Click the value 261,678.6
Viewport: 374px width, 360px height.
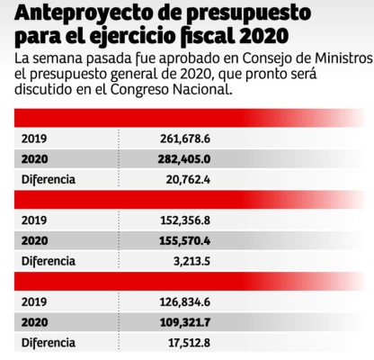184,139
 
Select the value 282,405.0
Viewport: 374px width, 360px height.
184,158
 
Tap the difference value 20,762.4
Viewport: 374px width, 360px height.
186,179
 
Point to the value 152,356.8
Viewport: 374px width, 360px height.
184,220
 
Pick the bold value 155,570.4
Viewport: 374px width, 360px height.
184,240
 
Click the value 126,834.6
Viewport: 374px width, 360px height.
184,301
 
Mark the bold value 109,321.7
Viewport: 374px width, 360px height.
184,322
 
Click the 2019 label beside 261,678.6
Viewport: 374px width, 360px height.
34,139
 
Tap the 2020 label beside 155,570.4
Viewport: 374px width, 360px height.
34,240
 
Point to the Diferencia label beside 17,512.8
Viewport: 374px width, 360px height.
49,343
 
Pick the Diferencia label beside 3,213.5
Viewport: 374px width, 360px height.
49,261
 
